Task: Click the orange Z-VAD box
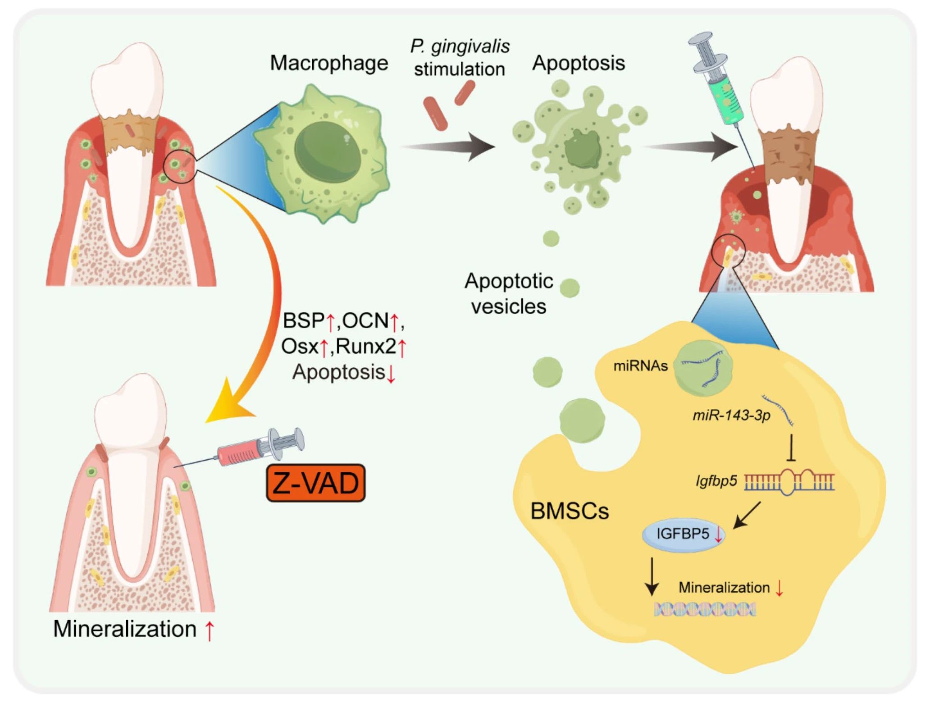click(x=315, y=483)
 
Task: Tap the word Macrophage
click(x=329, y=63)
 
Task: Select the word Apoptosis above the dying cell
click(x=579, y=63)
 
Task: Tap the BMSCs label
click(x=570, y=511)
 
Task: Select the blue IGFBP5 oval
click(x=683, y=534)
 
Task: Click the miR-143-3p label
click(x=731, y=415)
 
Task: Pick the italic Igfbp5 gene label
click(x=716, y=481)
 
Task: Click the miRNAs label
click(x=640, y=366)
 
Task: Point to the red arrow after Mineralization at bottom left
click(x=209, y=630)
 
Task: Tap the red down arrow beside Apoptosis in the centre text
click(x=391, y=374)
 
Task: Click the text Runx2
click(x=366, y=347)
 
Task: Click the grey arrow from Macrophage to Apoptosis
click(x=451, y=146)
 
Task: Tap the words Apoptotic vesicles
click(x=509, y=293)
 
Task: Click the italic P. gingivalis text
click(x=460, y=46)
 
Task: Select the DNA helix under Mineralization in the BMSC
click(x=705, y=610)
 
